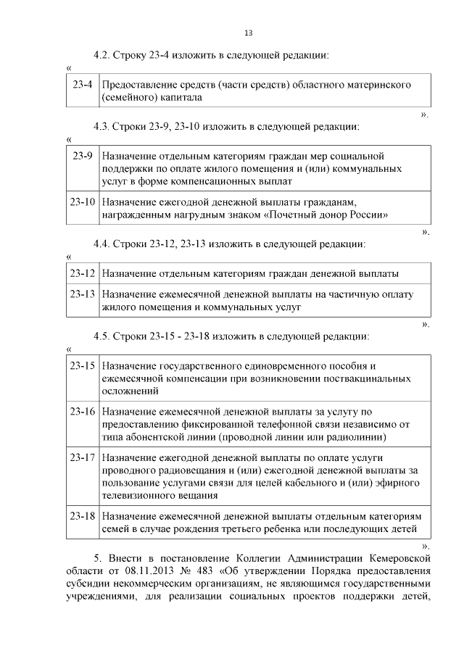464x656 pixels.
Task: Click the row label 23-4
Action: [83, 85]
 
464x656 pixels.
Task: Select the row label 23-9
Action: [83, 156]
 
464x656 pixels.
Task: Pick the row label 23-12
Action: [83, 273]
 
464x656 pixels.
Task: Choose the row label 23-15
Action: [83, 366]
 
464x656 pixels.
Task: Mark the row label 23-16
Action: [83, 412]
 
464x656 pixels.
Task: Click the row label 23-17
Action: [83, 458]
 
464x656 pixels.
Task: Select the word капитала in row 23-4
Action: [171, 96]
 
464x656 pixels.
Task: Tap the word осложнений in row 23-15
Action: [130, 391]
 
